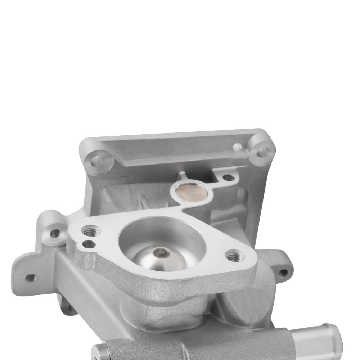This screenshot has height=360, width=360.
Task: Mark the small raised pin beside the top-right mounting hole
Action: point(237,147)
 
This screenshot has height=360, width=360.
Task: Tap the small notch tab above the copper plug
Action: point(183,176)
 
